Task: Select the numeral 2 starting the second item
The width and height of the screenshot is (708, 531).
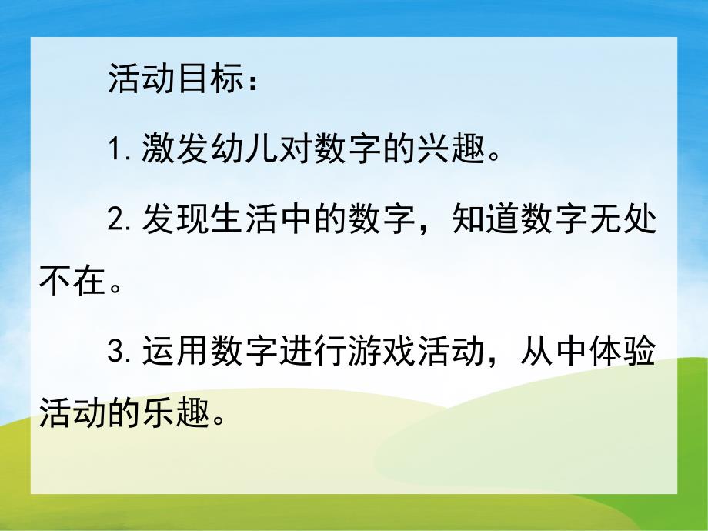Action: click(116, 220)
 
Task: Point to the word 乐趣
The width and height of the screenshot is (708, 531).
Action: click(178, 417)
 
